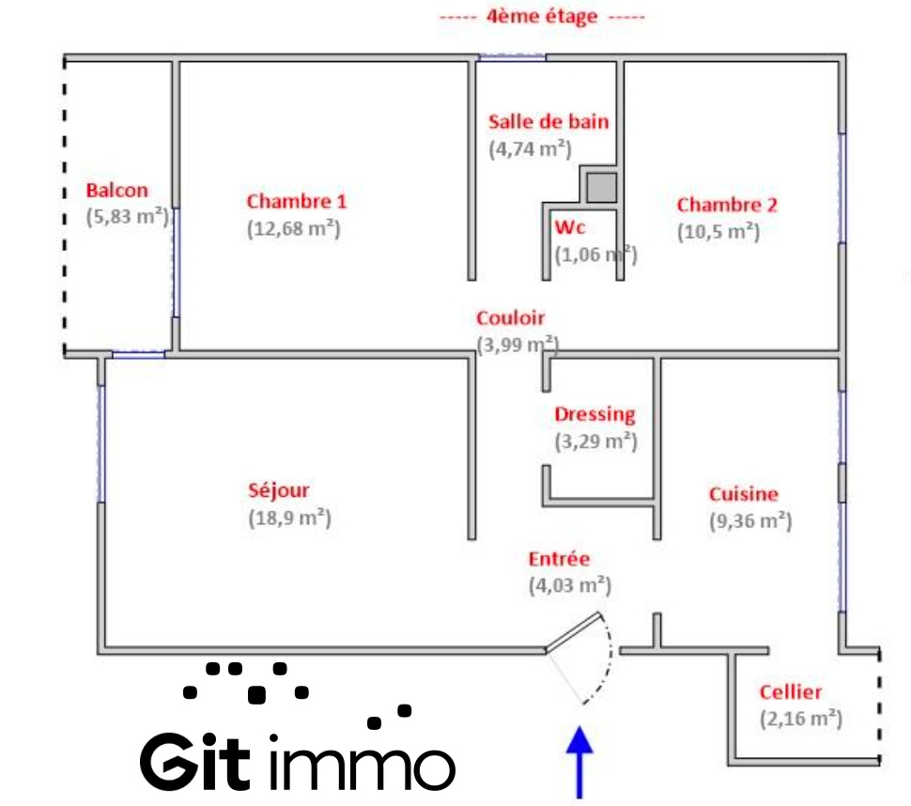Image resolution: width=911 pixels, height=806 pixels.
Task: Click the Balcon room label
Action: (x=117, y=191)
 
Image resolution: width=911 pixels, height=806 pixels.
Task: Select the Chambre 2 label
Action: (x=727, y=205)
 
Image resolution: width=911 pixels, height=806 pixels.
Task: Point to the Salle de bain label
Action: (x=548, y=121)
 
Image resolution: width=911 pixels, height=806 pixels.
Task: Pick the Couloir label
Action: (x=510, y=318)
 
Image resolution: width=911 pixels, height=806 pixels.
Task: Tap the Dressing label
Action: (x=594, y=414)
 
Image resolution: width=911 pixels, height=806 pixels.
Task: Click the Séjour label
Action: (x=279, y=489)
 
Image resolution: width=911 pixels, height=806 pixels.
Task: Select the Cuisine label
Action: (x=743, y=494)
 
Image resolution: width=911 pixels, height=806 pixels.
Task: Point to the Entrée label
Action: (x=560, y=559)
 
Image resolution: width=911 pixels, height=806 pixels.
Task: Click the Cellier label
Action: (x=791, y=692)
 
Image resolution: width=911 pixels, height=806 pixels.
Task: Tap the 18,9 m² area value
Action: (x=289, y=518)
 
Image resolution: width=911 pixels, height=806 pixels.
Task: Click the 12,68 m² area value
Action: (x=293, y=228)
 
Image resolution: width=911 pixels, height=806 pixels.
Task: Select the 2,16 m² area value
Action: (x=800, y=720)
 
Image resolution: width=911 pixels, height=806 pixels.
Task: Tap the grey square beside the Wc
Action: (x=600, y=187)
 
